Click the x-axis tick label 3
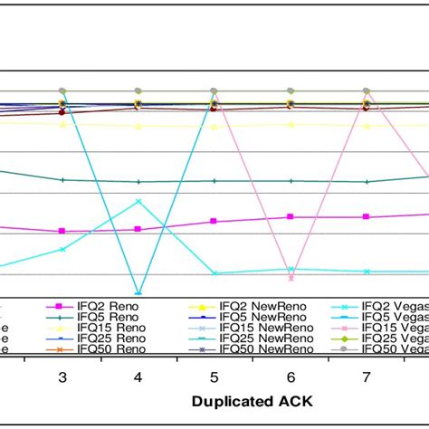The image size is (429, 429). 62,376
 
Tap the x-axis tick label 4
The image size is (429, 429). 138,376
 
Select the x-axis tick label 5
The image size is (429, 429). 214,376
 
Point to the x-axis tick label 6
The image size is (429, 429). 291,376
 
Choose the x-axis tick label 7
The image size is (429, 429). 367,376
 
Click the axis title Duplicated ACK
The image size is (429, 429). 247,399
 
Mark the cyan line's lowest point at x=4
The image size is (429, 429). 138,293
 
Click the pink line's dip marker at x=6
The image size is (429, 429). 291,278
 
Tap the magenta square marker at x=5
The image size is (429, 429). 214,221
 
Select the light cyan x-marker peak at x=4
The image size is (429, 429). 138,201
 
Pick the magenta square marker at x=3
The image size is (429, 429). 62,231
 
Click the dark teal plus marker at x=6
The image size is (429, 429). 291,181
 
